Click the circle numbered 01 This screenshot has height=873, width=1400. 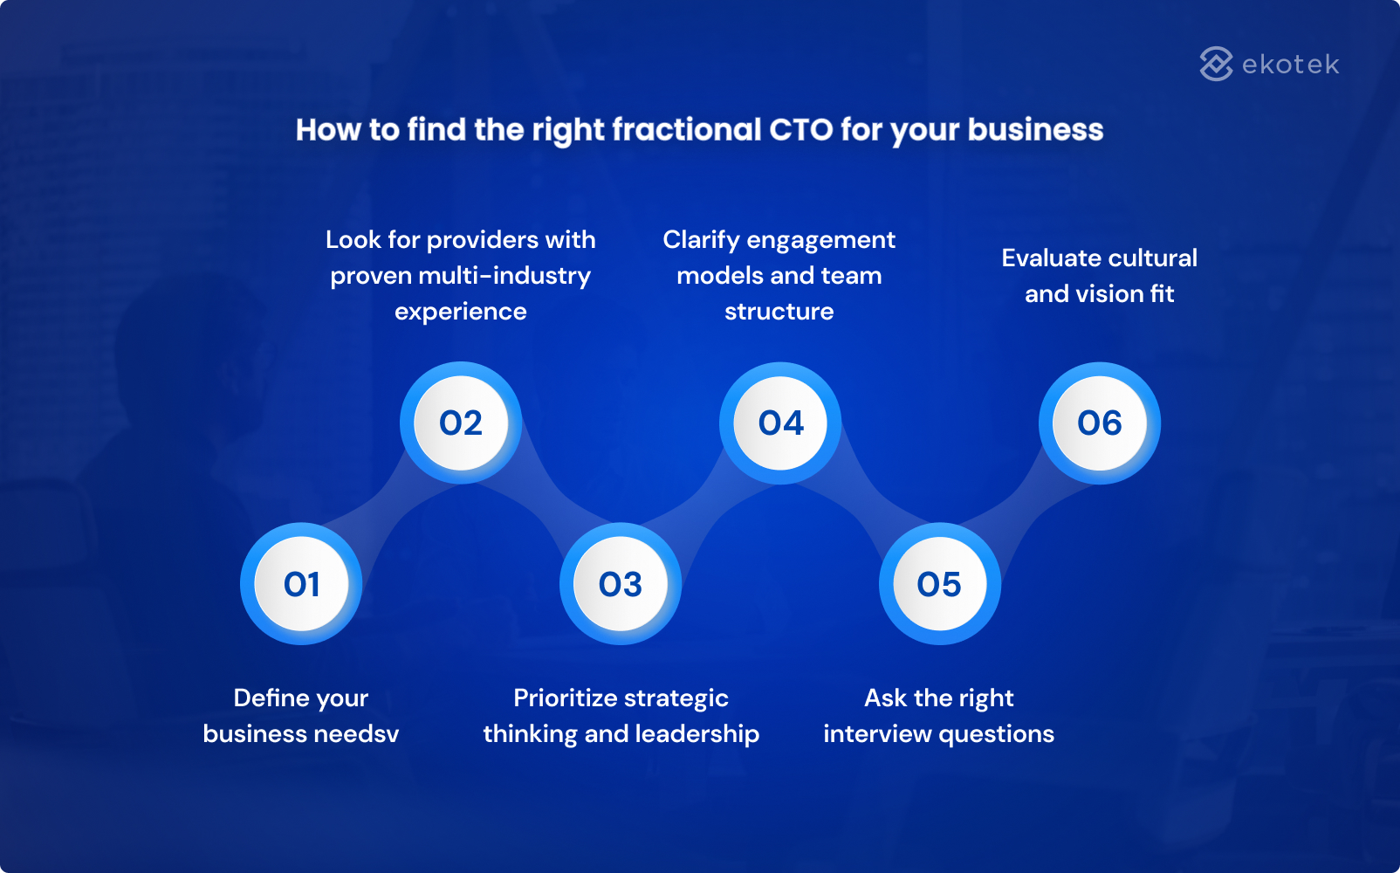(x=301, y=584)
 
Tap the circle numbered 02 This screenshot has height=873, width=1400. (x=461, y=423)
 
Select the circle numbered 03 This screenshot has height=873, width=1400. (x=621, y=584)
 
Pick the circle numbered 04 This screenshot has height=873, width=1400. (x=780, y=423)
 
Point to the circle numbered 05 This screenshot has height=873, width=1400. (x=939, y=584)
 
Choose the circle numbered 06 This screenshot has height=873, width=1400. (x=1099, y=423)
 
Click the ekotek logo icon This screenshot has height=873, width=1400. (x=1216, y=64)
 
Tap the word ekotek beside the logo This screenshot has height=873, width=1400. (x=1290, y=65)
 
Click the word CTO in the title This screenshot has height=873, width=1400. (x=800, y=130)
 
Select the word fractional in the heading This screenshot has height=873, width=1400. (x=686, y=130)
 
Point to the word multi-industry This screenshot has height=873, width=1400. (x=504, y=276)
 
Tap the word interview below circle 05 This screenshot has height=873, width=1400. (x=876, y=734)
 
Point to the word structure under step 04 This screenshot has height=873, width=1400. (x=779, y=312)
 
